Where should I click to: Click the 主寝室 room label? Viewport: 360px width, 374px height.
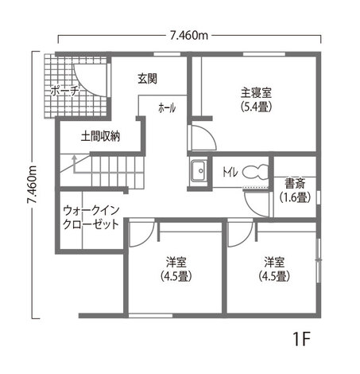tap(255, 91)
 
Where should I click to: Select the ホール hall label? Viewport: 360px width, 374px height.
tap(167, 107)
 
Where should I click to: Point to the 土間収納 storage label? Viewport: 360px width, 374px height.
tap(100, 136)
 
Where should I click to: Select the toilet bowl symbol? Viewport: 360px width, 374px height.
tap(256, 171)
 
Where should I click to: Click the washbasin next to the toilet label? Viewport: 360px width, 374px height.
tap(197, 170)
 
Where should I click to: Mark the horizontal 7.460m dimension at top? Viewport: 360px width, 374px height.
tap(188, 35)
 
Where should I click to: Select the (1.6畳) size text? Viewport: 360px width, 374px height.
tap(294, 197)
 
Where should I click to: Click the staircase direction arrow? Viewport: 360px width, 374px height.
tap(73, 163)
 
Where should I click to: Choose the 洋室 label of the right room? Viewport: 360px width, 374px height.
tap(275, 262)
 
